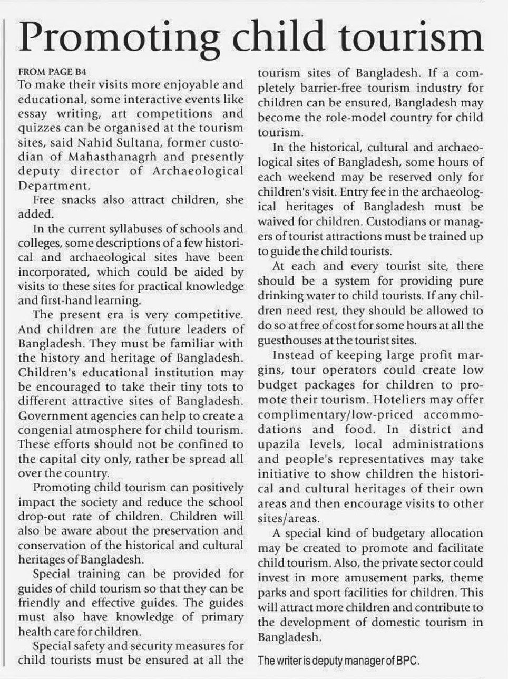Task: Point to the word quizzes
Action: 42,128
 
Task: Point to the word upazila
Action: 280,444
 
